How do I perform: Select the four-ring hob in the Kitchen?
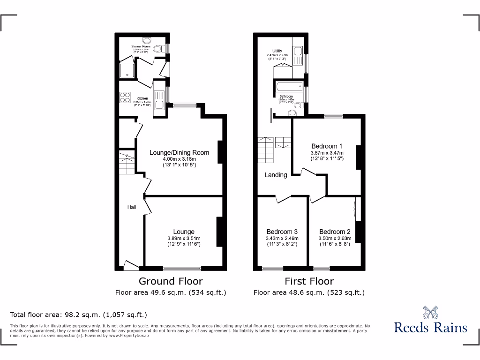point(125,97)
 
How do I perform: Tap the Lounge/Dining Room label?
point(179,152)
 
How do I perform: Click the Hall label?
point(132,207)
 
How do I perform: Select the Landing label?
point(276,175)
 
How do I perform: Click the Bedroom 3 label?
point(282,232)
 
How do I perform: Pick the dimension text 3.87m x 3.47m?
point(327,153)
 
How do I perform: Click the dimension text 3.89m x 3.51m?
point(184,238)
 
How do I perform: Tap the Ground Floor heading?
point(171,281)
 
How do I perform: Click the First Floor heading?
point(309,281)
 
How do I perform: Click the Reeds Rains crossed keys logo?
point(430,312)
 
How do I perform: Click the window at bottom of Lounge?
point(182,269)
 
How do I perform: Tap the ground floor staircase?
point(127,163)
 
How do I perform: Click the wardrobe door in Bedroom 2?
point(356,209)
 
